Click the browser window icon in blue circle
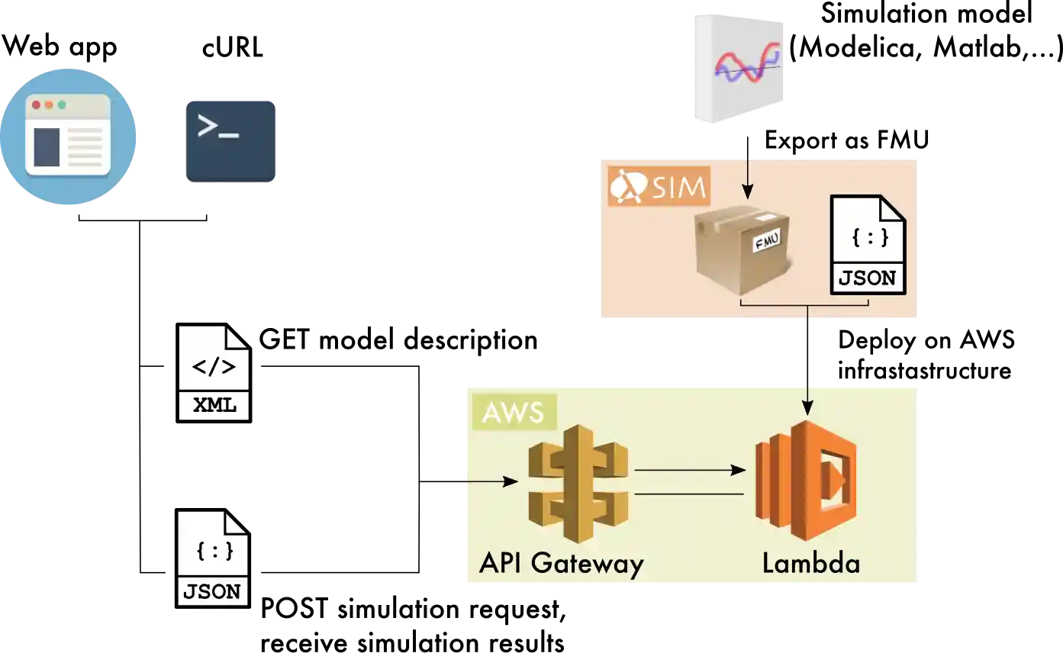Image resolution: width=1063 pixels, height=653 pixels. (69, 137)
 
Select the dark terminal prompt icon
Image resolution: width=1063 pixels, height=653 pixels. (231, 140)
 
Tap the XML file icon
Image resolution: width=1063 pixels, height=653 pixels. (214, 373)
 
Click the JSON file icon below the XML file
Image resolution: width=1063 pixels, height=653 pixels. (213, 558)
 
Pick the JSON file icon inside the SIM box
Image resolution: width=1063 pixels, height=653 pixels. (868, 245)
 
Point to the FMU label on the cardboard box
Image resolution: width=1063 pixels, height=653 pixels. (765, 243)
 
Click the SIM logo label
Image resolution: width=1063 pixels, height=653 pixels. (659, 186)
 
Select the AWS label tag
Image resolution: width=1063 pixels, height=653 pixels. (514, 412)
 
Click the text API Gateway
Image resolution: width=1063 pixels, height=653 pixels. (562, 564)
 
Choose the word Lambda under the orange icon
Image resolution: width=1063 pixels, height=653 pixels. (811, 564)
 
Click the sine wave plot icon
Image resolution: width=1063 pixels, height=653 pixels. (739, 67)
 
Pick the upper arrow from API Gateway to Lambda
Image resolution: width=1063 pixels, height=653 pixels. (689, 470)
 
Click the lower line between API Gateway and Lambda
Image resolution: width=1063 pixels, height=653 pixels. (689, 494)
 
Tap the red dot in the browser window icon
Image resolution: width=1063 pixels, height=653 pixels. (36, 105)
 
